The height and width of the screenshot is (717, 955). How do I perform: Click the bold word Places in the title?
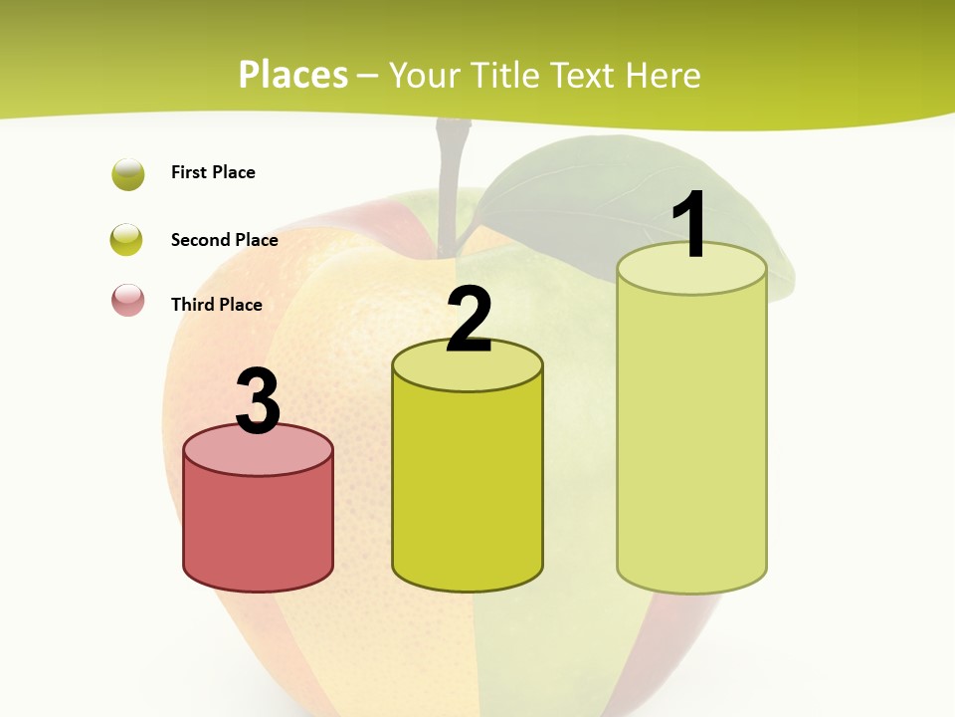(293, 75)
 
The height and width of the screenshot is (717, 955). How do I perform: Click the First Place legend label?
(213, 172)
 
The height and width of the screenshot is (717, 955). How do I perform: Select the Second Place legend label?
(224, 239)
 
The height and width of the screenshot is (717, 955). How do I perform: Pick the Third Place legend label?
(216, 305)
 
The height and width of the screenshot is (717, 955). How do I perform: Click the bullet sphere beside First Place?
(128, 173)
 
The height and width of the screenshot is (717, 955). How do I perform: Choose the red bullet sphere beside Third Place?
(128, 300)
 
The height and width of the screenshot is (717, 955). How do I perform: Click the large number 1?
(690, 225)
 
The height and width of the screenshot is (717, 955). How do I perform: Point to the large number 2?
(469, 320)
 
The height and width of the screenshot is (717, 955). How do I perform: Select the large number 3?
(258, 401)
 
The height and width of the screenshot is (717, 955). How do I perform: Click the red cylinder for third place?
(258, 528)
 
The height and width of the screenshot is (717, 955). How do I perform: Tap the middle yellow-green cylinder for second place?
(468, 488)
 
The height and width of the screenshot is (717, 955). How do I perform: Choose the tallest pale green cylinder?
(691, 438)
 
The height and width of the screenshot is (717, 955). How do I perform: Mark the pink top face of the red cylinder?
(258, 451)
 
